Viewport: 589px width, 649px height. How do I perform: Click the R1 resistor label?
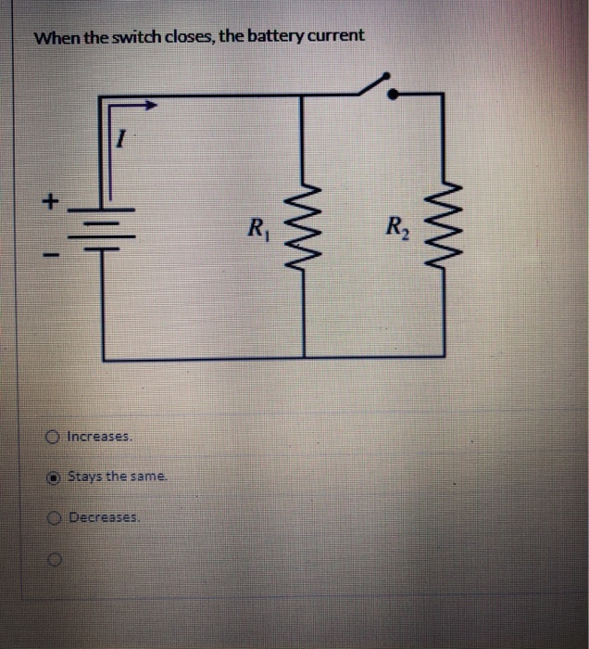click(257, 226)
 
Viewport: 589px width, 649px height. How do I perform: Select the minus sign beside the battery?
click(54, 253)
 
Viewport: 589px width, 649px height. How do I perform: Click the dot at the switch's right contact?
click(393, 94)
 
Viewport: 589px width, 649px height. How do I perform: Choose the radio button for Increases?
click(56, 435)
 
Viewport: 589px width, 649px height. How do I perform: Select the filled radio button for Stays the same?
click(56, 477)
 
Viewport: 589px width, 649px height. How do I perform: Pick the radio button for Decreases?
click(56, 518)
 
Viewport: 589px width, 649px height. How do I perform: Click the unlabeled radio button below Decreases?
click(56, 560)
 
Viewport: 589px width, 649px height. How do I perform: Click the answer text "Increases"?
click(100, 435)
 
